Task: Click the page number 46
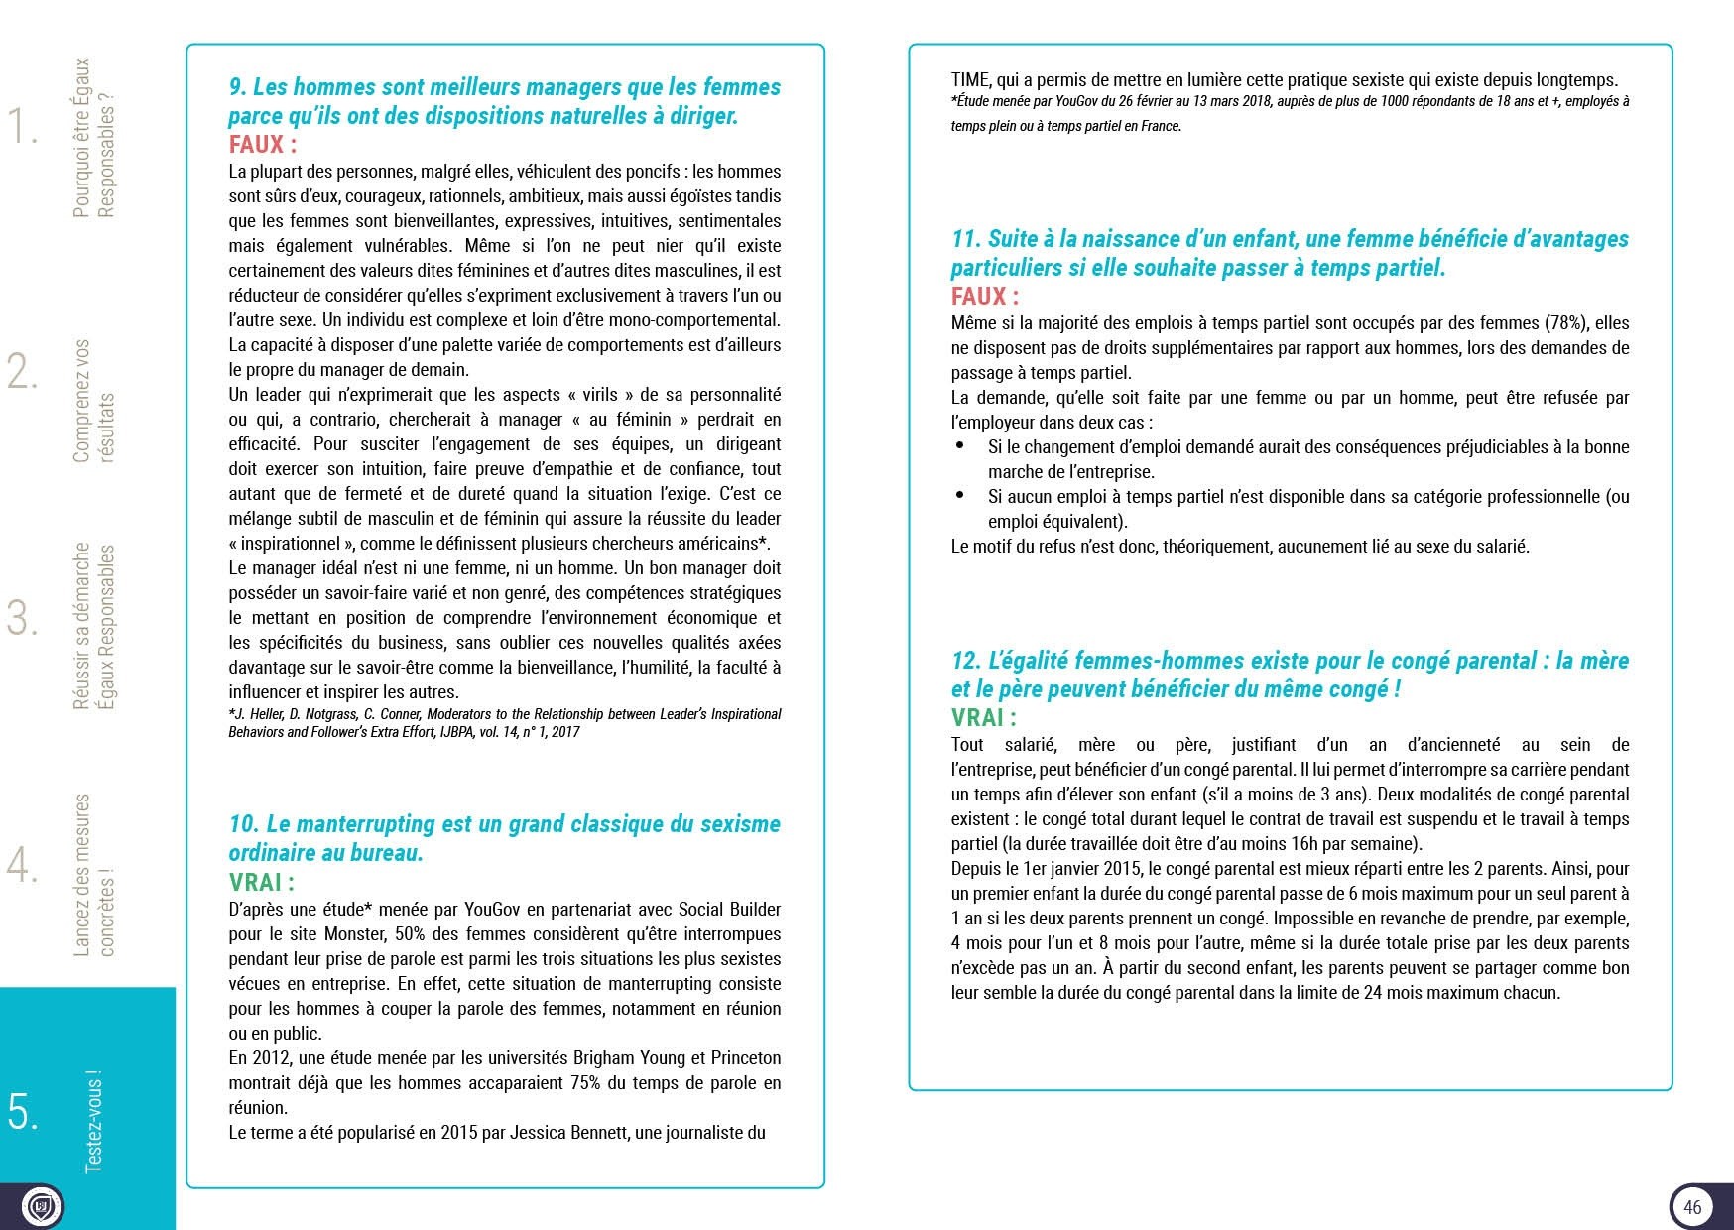click(1692, 1207)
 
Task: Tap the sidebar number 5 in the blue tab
click(23, 1112)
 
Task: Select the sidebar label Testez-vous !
click(93, 1122)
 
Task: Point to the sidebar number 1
click(22, 126)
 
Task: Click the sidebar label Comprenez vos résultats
click(94, 401)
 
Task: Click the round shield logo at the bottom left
click(41, 1207)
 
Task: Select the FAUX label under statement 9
click(262, 145)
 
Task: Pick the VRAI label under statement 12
click(983, 718)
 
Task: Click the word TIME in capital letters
click(971, 80)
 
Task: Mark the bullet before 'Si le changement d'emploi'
click(959, 446)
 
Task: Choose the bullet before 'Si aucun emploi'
click(959, 496)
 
